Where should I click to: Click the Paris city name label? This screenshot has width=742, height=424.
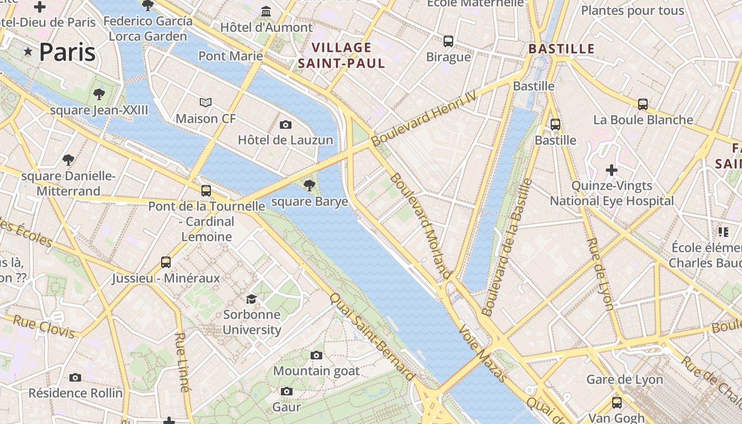[67, 52]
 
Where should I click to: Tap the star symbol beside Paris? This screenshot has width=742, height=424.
[28, 51]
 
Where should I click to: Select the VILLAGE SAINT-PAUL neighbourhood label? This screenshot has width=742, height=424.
[341, 56]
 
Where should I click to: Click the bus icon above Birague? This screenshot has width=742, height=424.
[448, 41]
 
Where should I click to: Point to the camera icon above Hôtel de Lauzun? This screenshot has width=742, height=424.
[286, 125]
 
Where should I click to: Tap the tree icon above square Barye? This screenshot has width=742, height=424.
[309, 185]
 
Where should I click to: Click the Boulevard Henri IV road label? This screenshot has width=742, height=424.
[424, 118]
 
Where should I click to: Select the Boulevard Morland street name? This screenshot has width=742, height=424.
[421, 226]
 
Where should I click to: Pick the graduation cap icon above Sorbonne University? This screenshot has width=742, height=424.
[251, 299]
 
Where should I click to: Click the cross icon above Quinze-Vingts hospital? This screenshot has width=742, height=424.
[612, 170]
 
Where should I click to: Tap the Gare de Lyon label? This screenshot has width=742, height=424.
[624, 379]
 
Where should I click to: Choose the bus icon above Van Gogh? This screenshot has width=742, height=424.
[616, 402]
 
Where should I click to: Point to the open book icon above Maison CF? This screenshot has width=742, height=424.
[206, 102]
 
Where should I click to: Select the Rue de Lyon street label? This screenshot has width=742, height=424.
[600, 273]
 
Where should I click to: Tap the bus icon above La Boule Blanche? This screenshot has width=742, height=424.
[643, 104]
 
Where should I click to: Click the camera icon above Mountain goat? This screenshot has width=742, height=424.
[316, 355]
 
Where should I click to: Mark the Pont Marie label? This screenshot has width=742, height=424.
[231, 56]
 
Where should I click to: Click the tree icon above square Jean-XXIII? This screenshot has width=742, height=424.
[99, 94]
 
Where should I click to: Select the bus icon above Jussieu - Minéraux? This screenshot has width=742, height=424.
[166, 262]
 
